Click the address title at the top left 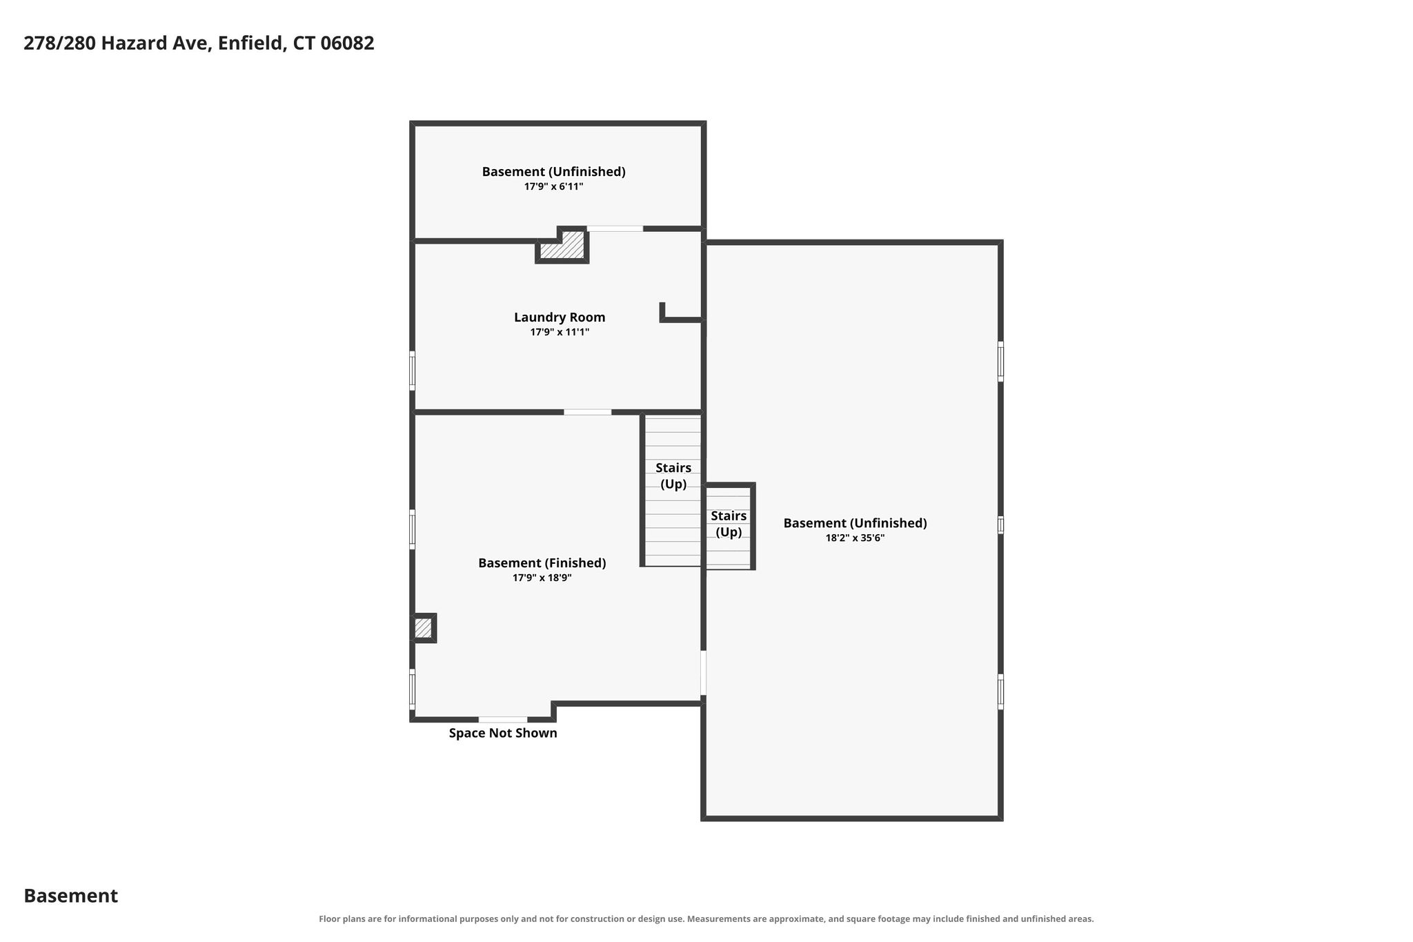[199, 43]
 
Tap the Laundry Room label [560, 317]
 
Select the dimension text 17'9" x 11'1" [560, 332]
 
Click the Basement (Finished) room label [542, 563]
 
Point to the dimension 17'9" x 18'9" [542, 578]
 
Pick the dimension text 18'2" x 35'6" [855, 538]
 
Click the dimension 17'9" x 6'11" [554, 186]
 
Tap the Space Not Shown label [503, 733]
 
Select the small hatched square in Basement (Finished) [424, 628]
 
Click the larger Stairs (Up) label [673, 476]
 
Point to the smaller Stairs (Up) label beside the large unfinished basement [729, 524]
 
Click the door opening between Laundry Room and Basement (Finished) [587, 412]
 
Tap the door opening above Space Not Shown [503, 719]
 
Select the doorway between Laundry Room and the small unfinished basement [615, 228]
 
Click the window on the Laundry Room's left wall [412, 371]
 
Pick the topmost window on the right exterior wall [1000, 361]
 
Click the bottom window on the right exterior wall [1000, 691]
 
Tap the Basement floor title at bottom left [71, 896]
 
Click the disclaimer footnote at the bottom [706, 919]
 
